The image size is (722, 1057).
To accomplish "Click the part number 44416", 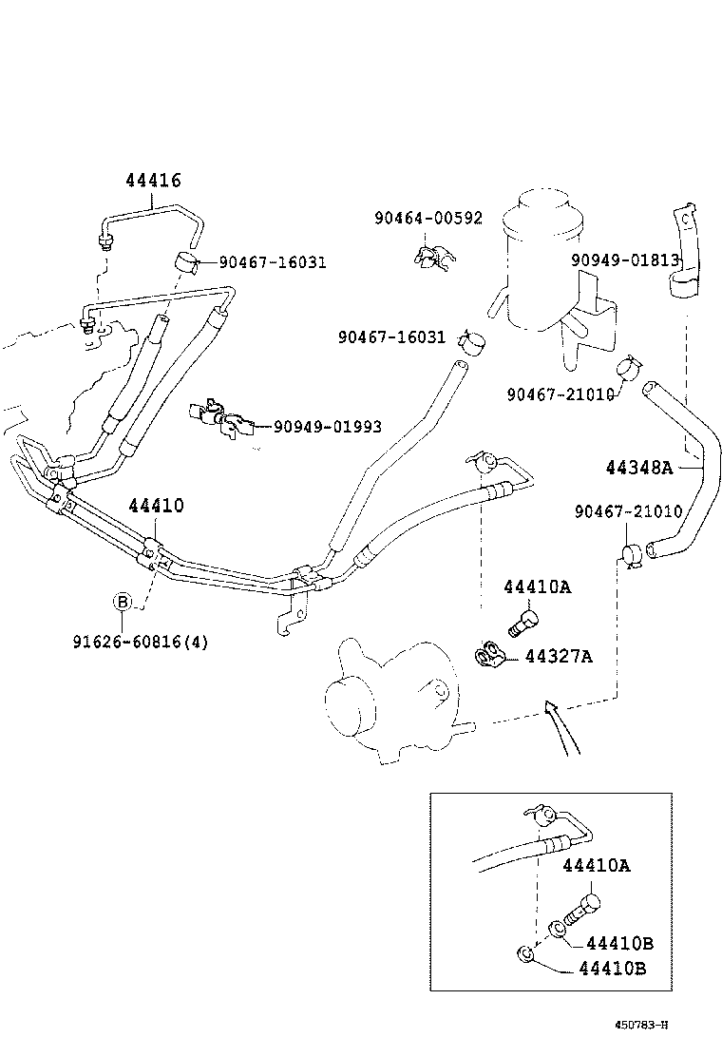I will (x=153, y=181).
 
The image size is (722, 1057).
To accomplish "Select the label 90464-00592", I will (x=427, y=219).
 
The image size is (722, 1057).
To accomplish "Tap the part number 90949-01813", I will (x=625, y=260).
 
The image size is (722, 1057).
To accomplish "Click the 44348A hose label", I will (x=638, y=467).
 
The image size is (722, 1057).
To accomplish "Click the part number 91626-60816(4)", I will (x=140, y=642).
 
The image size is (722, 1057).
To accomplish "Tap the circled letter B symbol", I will (x=122, y=602).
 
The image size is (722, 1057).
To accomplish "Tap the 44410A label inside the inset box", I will (x=596, y=865).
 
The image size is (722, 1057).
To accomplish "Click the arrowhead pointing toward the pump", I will (x=548, y=706).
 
